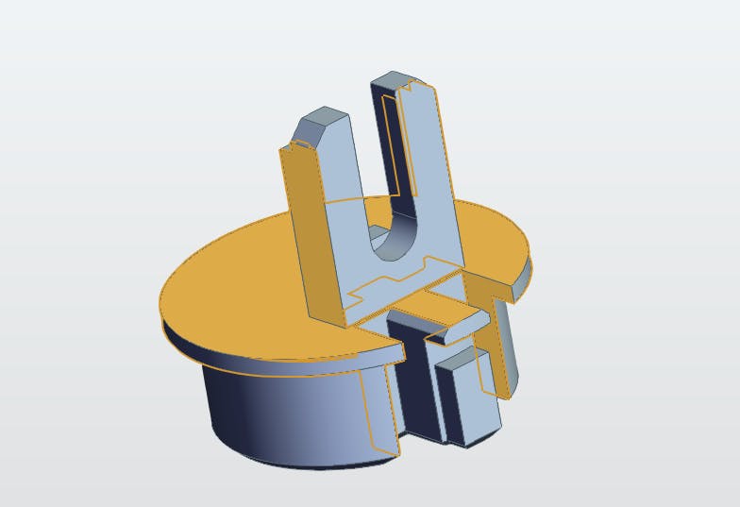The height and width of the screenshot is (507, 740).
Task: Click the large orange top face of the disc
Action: pos(236,293)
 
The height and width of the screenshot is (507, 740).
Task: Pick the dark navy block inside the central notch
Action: pos(411,378)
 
